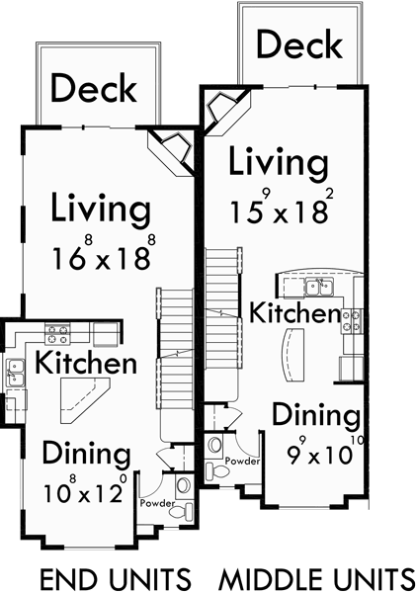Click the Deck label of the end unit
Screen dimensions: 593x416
click(94, 89)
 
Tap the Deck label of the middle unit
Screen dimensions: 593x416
click(298, 44)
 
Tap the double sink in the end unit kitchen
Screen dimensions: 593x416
click(17, 372)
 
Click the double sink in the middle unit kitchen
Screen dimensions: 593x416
click(316, 288)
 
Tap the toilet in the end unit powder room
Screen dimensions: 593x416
click(183, 487)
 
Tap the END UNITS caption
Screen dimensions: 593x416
click(114, 576)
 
